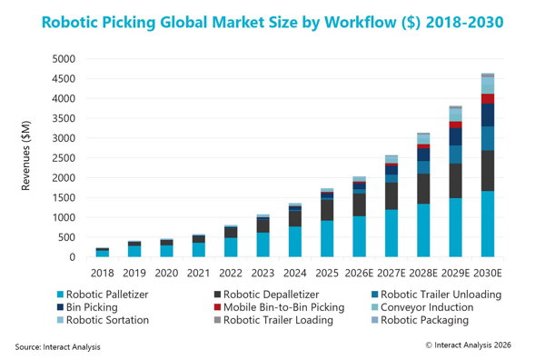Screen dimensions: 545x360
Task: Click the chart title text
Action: pyautogui.click(x=272, y=22)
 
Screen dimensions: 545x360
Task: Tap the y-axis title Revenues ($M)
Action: pyautogui.click(x=25, y=155)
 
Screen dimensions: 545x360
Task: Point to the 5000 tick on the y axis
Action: pyautogui.click(x=64, y=59)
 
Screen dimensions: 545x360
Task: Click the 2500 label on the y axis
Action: pyautogui.click(x=64, y=158)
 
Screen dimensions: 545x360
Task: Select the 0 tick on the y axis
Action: pyautogui.click(x=73, y=257)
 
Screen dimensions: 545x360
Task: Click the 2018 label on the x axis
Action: pyautogui.click(x=102, y=273)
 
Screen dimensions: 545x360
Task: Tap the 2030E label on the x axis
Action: pyautogui.click(x=487, y=273)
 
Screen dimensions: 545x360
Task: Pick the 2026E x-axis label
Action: pyautogui.click(x=359, y=273)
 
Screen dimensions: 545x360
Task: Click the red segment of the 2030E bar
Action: pyautogui.click(x=488, y=99)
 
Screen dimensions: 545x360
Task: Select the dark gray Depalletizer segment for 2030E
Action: pyautogui.click(x=488, y=171)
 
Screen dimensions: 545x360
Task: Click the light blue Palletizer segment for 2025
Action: pyautogui.click(x=327, y=238)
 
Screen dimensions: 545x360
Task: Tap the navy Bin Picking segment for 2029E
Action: pyautogui.click(x=456, y=136)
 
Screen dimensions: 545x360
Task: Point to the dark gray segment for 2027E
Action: pyautogui.click(x=391, y=196)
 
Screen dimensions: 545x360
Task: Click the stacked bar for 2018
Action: pyautogui.click(x=103, y=253)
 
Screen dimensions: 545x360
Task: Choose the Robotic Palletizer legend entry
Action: pyautogui.click(x=103, y=295)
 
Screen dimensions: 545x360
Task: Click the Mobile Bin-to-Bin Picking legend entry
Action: pyautogui.click(x=280, y=307)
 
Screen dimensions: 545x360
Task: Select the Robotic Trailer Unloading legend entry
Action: pyautogui.click(x=437, y=295)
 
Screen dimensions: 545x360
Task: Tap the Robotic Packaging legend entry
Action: pyautogui.click(x=420, y=320)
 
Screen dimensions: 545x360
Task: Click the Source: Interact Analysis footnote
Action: pyautogui.click(x=58, y=346)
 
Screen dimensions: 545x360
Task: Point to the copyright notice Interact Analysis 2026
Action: pyautogui.click(x=469, y=345)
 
